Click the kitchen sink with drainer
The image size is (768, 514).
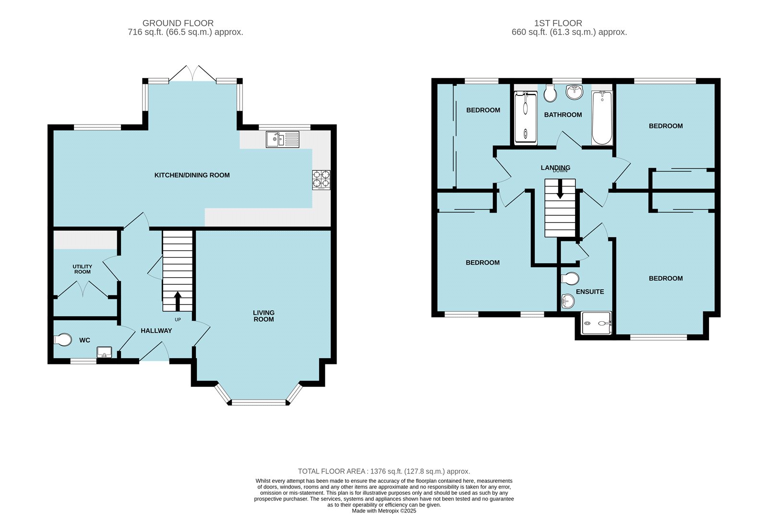click(x=283, y=140)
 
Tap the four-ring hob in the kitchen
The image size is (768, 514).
click(x=321, y=180)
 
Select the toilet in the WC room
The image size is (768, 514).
click(x=63, y=339)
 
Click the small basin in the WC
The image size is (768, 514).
click(x=104, y=352)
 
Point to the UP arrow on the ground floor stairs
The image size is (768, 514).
click(x=178, y=301)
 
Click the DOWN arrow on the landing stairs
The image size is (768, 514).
click(x=560, y=189)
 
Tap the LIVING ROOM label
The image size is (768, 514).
click(x=264, y=315)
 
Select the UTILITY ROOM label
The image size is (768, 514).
click(x=82, y=269)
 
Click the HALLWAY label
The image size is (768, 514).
click(x=156, y=330)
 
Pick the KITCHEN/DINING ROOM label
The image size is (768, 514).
click(x=192, y=175)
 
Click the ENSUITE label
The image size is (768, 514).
click(x=590, y=292)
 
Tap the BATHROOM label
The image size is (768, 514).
click(x=563, y=115)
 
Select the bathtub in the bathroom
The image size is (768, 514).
click(x=602, y=118)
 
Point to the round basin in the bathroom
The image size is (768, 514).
click(x=574, y=92)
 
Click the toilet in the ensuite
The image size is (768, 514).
click(x=570, y=279)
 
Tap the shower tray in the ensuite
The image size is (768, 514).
click(x=597, y=323)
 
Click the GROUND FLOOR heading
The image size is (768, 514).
click(x=178, y=23)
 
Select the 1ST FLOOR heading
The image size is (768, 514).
click(x=558, y=23)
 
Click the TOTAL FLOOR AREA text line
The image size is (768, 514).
click(x=384, y=471)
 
